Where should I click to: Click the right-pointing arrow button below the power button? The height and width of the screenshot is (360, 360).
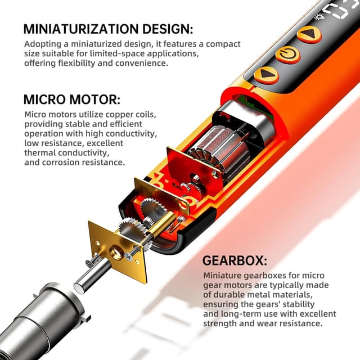[266, 75]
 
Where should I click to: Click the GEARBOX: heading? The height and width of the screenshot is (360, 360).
[235, 262]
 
